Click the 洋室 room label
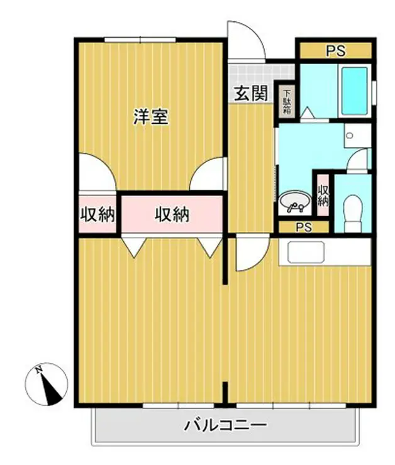click(x=151, y=116)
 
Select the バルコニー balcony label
click(x=225, y=426)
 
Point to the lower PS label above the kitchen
click(x=304, y=227)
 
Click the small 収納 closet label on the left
click(x=97, y=216)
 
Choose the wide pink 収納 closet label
click(x=172, y=215)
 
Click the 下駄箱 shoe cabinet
click(x=287, y=100)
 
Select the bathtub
click(x=354, y=91)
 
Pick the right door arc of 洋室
click(x=209, y=173)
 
